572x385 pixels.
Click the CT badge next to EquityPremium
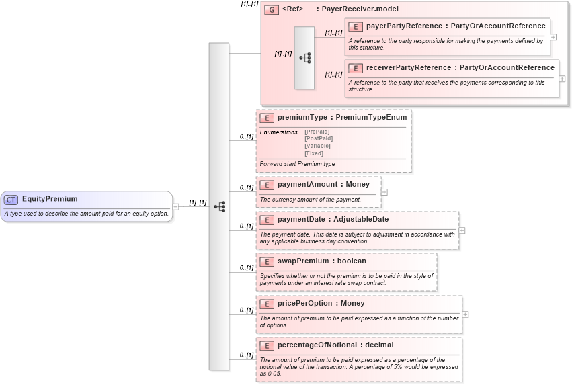pos(11,199)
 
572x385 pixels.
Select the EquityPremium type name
pos(50,199)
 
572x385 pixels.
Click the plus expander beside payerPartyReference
pos(553,37)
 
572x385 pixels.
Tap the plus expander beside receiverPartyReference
pos(562,79)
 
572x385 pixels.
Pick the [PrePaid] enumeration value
pos(317,132)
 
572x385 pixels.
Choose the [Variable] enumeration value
pos(317,146)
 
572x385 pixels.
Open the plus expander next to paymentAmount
pos(384,191)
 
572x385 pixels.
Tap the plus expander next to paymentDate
pos(462,230)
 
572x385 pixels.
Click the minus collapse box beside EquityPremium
pos(175,206)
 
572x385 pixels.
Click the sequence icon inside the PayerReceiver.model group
pos(304,58)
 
